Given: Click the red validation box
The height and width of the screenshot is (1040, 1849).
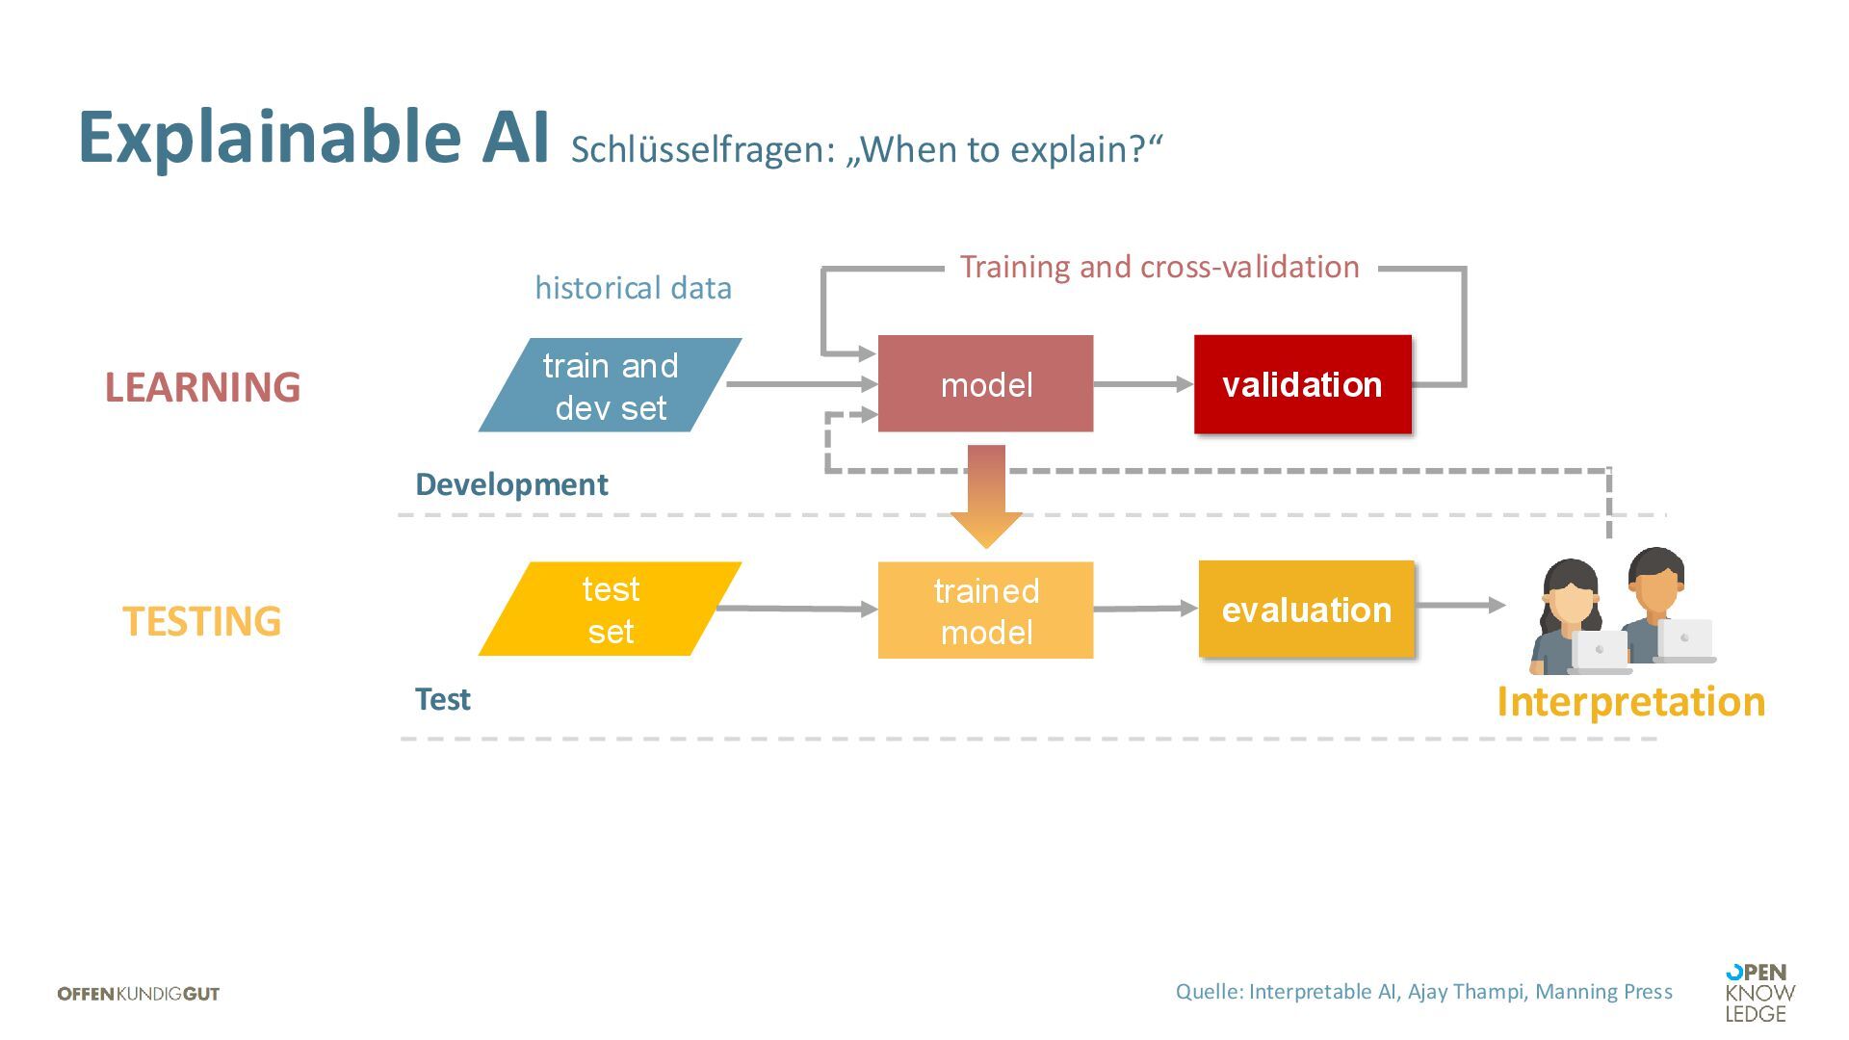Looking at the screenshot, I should (1302, 384).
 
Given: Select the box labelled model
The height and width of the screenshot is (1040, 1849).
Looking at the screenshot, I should (985, 384).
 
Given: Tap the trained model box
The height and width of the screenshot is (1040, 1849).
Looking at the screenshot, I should (985, 611).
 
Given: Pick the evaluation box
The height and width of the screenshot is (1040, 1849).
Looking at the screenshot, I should (1306, 610).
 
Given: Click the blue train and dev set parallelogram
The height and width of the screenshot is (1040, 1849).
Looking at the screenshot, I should (610, 385).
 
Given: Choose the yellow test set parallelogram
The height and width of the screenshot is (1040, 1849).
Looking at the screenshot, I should (610, 610).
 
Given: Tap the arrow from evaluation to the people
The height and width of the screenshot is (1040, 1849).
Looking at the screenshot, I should (1460, 605).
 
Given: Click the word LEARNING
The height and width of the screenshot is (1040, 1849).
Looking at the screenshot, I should (202, 387).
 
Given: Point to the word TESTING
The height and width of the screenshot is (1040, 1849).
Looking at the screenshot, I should (202, 621).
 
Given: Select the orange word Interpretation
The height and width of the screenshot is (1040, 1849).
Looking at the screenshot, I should (1630, 701).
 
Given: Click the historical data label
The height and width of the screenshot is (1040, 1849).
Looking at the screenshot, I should (633, 288).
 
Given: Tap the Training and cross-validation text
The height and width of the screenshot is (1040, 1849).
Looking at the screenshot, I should (1159, 267).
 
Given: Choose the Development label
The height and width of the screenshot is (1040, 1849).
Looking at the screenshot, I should (511, 484).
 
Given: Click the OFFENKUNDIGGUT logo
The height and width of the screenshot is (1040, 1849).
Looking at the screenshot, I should (139, 994).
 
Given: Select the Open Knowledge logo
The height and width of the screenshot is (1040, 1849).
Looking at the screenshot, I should (1759, 993).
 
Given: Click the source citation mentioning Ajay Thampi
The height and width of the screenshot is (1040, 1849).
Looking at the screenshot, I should (1423, 992).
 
